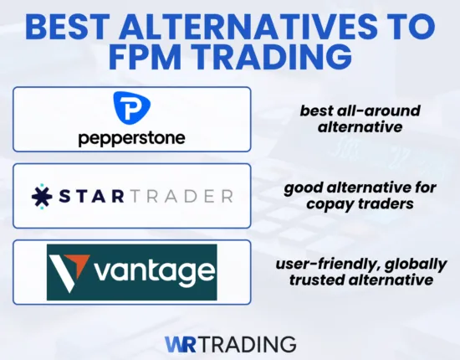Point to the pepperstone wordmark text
[x=131, y=137]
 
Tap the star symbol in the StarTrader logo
[x=42, y=196]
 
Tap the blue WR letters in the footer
[x=181, y=343]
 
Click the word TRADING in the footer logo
[x=248, y=343]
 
